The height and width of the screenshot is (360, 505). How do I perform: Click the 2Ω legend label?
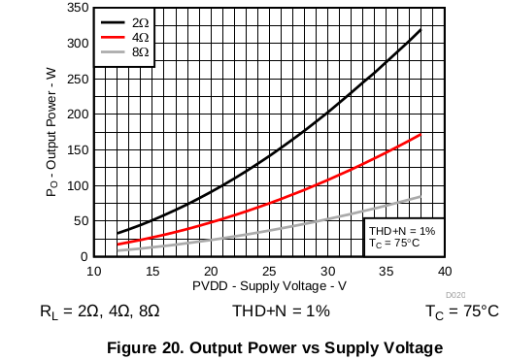click(140, 22)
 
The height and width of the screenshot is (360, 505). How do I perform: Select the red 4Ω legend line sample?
click(113, 37)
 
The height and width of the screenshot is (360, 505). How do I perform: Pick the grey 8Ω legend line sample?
click(113, 51)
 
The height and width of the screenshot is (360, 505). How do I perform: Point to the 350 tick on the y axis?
click(78, 7)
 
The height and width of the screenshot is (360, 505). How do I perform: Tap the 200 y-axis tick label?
click(78, 115)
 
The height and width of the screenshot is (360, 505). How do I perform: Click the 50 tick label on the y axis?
click(82, 221)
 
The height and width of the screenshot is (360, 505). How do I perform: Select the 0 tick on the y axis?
click(84, 257)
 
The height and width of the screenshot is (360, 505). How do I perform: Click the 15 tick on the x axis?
click(152, 272)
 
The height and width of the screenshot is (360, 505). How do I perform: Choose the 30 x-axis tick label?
click(327, 272)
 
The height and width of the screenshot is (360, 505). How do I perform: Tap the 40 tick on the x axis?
click(445, 272)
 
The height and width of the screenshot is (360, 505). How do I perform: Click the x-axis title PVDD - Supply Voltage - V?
click(269, 286)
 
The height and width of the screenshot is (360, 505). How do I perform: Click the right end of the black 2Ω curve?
click(421, 30)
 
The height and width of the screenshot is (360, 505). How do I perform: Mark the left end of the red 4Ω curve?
click(118, 245)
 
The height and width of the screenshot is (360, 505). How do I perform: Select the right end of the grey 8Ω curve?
click(421, 197)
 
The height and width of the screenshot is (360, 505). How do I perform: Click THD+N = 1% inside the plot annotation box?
click(402, 231)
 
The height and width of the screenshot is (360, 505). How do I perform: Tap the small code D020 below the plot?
click(455, 295)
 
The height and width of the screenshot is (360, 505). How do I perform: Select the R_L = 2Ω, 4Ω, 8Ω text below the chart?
click(100, 311)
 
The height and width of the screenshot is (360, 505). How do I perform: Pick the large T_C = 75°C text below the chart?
click(462, 311)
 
